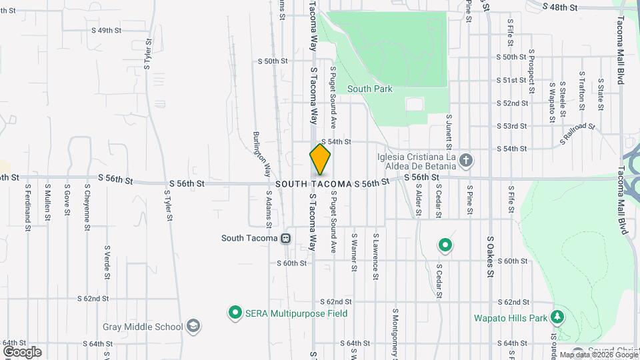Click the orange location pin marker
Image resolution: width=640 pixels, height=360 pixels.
click(320, 159)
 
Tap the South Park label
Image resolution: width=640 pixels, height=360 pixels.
click(369, 89)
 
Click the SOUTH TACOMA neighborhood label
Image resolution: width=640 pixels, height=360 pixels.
click(313, 183)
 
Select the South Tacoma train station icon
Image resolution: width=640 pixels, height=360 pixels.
click(285, 238)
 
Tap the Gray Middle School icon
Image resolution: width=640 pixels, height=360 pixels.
click(193, 327)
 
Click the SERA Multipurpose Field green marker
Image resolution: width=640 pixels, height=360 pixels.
click(235, 311)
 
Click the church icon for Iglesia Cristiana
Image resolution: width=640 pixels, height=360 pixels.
click(466, 160)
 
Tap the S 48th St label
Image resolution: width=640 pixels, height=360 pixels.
click(559, 7)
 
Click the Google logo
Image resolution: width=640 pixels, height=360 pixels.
click(22, 351)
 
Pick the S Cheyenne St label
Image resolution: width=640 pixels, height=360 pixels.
click(87, 209)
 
